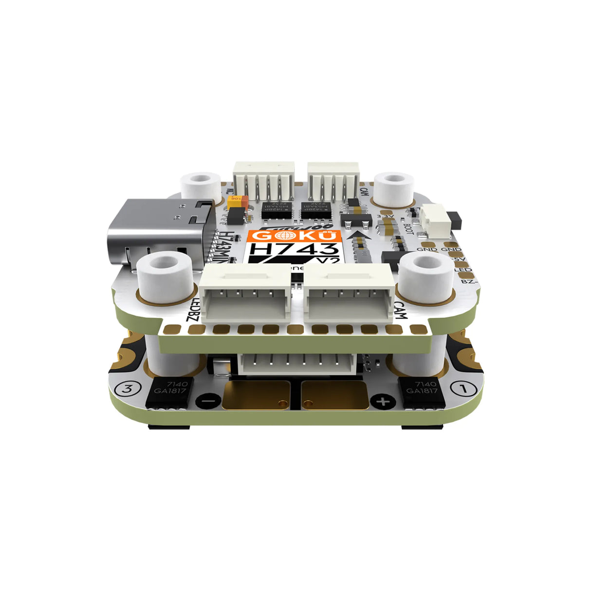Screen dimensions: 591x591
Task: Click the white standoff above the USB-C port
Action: point(200,185)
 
